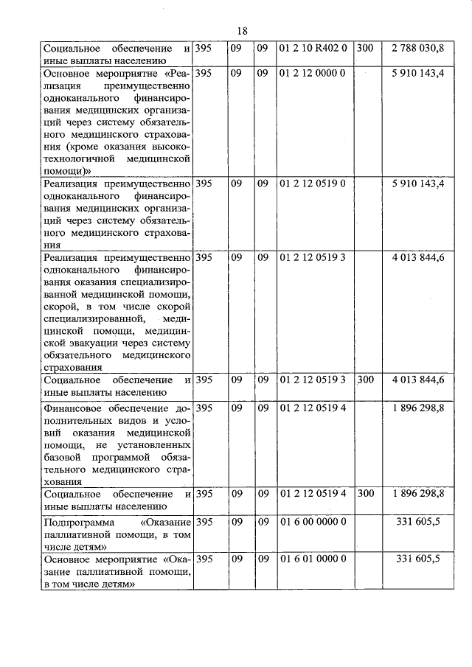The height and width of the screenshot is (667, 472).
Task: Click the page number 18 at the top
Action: (x=243, y=30)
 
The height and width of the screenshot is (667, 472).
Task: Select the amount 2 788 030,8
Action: (x=418, y=48)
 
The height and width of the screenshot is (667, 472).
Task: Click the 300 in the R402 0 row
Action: (x=364, y=48)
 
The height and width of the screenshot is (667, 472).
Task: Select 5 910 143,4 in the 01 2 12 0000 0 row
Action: (x=418, y=74)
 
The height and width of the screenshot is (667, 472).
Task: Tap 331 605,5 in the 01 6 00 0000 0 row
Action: (x=418, y=521)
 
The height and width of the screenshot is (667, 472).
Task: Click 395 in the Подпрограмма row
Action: (x=205, y=521)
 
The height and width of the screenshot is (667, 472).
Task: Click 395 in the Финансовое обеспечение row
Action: (x=205, y=408)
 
